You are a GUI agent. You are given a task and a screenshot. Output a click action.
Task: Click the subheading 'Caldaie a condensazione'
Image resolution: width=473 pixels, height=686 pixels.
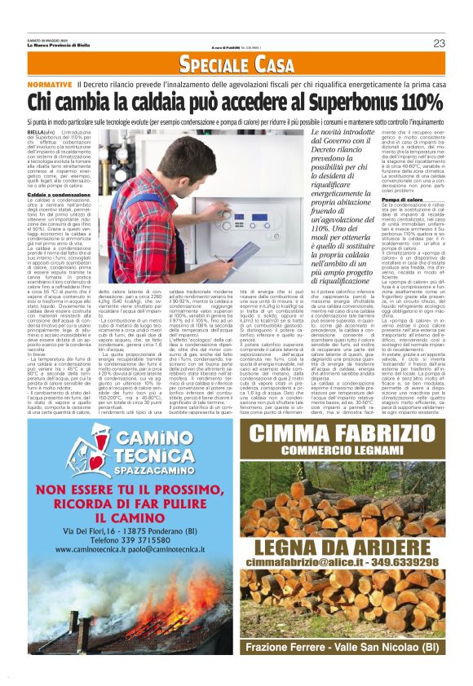pos(59,196)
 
